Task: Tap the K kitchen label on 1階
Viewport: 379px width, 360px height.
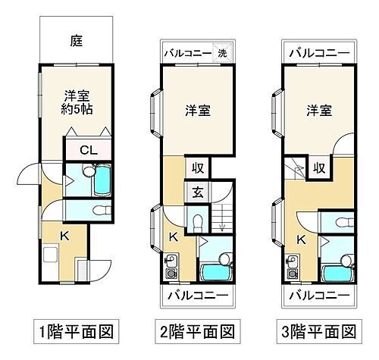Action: click(x=64, y=236)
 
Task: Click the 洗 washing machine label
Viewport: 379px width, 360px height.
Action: click(x=223, y=54)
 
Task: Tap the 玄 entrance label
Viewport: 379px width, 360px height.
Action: click(x=196, y=193)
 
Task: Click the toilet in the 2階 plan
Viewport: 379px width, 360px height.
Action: click(x=196, y=222)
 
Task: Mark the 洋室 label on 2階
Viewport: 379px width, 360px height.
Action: click(x=198, y=111)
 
